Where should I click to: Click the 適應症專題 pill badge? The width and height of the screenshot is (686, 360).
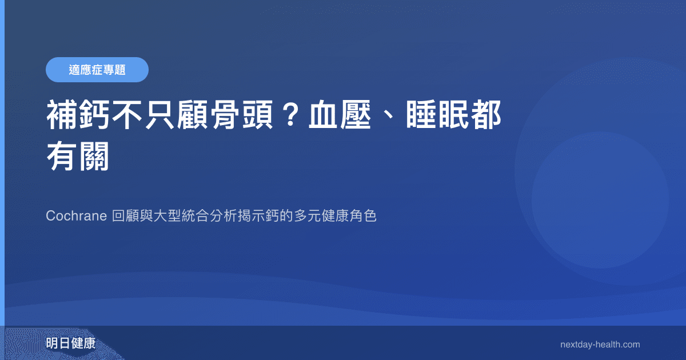[97, 70]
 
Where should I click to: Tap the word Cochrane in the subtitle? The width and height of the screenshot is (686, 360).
[76, 217]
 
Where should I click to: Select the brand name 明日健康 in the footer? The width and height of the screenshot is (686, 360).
[71, 344]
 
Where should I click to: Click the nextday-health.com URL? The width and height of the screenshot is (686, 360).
[600, 345]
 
